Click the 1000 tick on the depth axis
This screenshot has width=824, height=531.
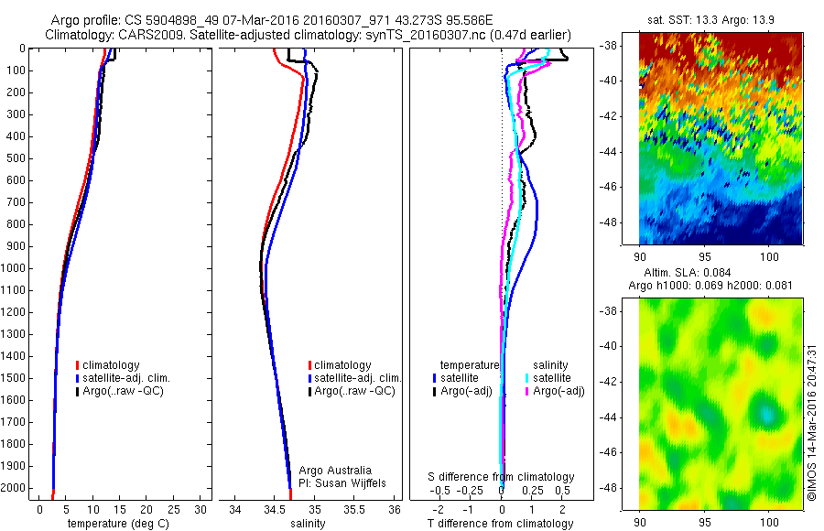[x=14, y=268]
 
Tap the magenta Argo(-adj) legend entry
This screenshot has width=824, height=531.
[x=558, y=391]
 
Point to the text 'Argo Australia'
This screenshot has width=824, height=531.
[x=335, y=471]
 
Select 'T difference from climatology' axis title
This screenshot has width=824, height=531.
[x=501, y=524]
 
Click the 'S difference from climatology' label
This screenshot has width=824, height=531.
[x=502, y=477]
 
